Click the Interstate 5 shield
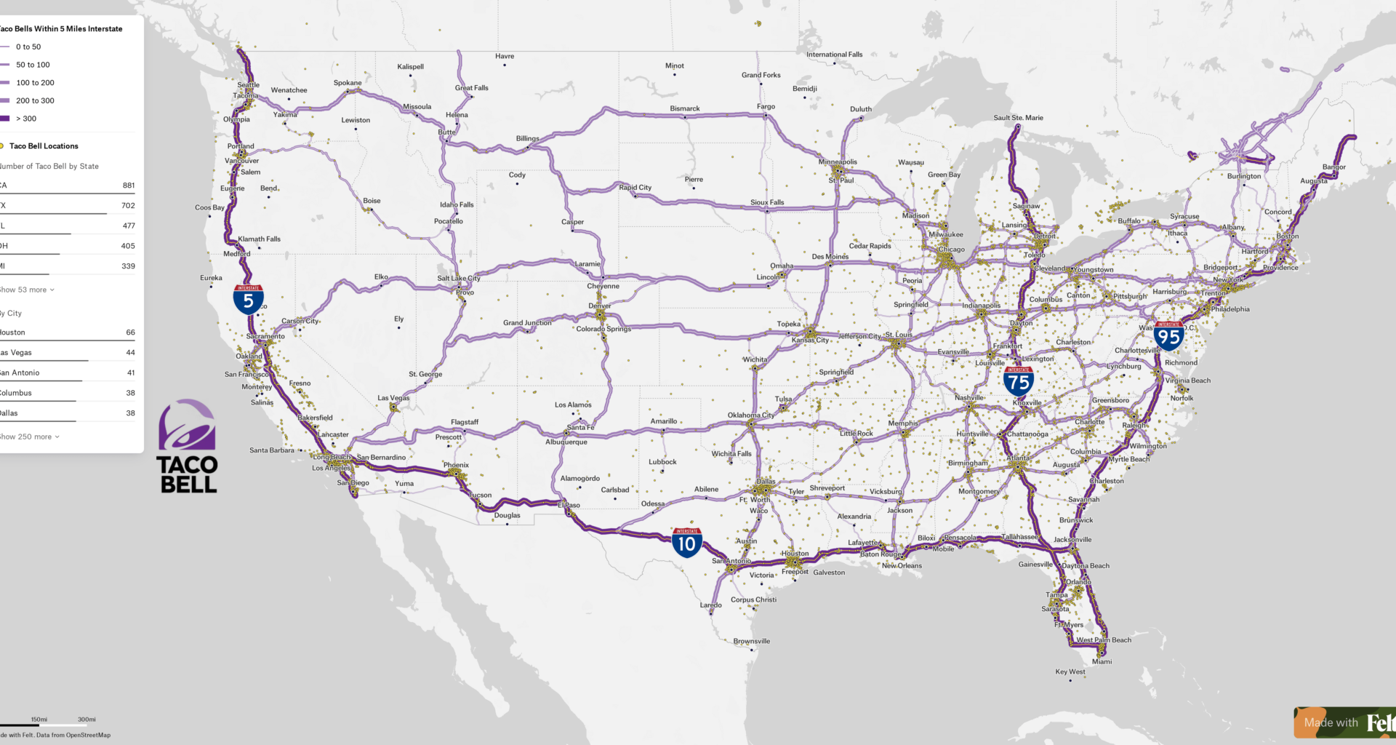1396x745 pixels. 248,300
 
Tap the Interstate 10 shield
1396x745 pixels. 686,543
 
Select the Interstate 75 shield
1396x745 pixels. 1018,381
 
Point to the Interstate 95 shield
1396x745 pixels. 1168,336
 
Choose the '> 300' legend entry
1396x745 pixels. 26,119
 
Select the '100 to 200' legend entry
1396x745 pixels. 35,83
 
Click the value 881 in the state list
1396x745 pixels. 129,186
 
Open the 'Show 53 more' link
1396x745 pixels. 26,290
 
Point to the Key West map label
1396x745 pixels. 1070,672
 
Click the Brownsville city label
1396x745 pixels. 752,642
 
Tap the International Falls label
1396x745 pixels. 834,55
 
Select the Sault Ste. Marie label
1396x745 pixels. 1018,118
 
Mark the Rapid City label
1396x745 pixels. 635,188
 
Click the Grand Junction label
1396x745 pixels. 527,323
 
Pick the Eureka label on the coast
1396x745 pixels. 211,278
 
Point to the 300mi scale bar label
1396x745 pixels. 87,720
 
